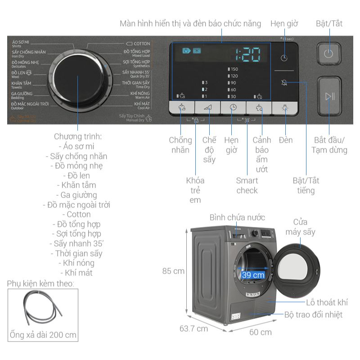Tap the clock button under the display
click(233, 108)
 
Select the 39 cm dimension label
click(252, 275)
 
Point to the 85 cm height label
click(173, 271)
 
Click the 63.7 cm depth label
click(193, 328)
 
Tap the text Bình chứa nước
click(237, 218)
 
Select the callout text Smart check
click(247, 185)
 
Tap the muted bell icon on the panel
click(284, 82)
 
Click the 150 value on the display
click(233, 69)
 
